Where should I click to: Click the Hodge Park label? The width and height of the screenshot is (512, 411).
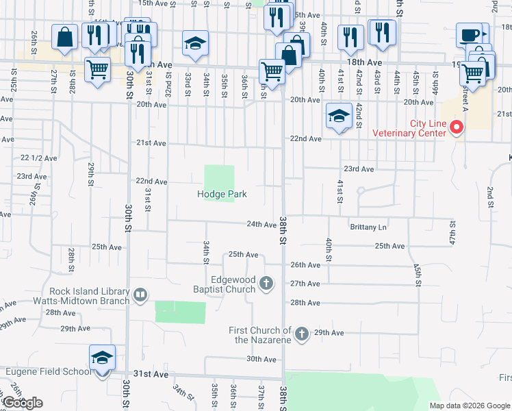[222, 195]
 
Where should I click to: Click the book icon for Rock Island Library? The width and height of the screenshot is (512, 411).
[140, 295]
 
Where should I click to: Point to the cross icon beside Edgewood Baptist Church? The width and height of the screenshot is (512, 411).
[266, 282]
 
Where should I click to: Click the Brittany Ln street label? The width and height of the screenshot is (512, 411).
[368, 227]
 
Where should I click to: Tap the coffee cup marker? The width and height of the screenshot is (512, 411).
[470, 35]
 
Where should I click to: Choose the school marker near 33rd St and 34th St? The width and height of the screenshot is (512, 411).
[195, 43]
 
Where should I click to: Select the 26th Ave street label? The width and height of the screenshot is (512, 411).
[305, 265]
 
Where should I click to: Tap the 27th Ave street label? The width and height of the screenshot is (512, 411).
[305, 284]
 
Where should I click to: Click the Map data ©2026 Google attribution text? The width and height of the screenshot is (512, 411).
[470, 406]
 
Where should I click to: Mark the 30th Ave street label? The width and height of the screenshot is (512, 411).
[261, 359]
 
